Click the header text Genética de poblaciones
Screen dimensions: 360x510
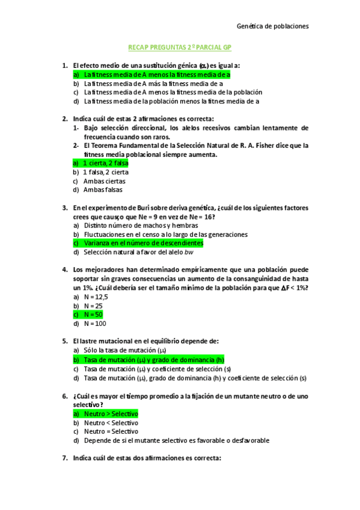click(273, 26)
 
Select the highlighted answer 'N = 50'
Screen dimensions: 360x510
click(93, 314)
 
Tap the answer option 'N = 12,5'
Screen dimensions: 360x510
click(96, 296)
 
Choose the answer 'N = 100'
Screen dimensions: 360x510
click(94, 323)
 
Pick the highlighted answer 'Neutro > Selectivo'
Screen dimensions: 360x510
click(111, 414)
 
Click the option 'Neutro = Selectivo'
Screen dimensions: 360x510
click(111, 431)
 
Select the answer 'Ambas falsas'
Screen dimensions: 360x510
click(102, 190)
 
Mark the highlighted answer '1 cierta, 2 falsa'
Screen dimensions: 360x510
click(106, 163)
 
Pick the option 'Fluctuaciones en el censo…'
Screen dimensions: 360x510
click(157, 235)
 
